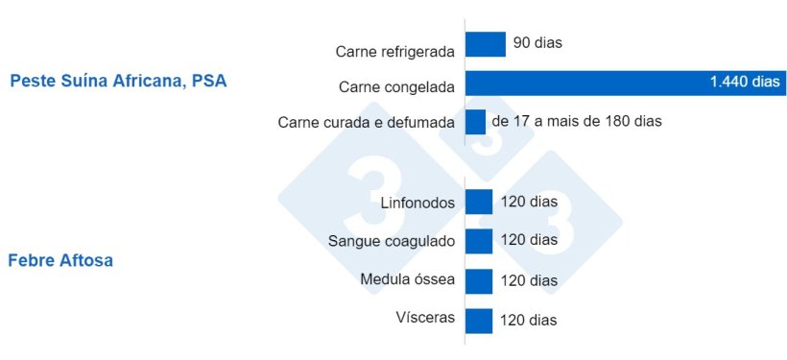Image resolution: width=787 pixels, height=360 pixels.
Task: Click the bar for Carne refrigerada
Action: (x=485, y=44)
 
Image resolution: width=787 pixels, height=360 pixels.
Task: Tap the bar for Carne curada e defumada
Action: (x=475, y=122)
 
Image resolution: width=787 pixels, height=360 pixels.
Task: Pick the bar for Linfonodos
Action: (x=478, y=202)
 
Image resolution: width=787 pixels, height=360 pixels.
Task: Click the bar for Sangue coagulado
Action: (x=478, y=240)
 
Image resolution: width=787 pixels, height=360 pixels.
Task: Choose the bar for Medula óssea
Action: (x=478, y=280)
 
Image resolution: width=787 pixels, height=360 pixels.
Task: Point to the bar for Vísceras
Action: (x=478, y=320)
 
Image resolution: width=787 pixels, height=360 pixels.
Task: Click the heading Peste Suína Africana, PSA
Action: (x=118, y=82)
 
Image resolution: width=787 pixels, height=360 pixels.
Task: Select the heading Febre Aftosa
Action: (x=60, y=260)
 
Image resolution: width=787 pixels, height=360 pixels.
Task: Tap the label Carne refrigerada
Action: (x=394, y=50)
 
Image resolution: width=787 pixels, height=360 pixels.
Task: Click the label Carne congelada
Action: (x=396, y=87)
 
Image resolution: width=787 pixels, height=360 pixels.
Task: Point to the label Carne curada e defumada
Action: (x=366, y=123)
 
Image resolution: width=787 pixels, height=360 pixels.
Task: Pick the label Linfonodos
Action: (x=417, y=203)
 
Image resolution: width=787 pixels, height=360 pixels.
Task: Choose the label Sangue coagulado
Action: (x=391, y=241)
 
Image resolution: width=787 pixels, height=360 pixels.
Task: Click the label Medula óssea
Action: (x=408, y=280)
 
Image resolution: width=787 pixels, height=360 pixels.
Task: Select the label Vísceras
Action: (x=425, y=318)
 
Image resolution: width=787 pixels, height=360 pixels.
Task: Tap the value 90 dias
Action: (x=537, y=43)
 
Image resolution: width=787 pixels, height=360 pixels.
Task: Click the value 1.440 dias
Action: (x=745, y=83)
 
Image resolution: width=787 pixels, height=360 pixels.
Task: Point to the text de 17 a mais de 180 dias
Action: (x=576, y=122)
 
